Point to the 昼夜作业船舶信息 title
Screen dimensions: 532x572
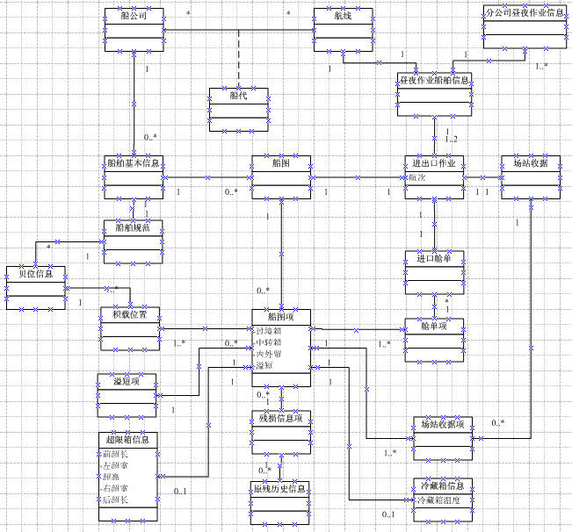(x=435, y=80)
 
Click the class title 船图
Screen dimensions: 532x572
(x=281, y=163)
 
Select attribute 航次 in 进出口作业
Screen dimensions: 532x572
(x=417, y=176)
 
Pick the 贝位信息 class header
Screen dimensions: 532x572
(x=35, y=273)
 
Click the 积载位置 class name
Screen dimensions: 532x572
(x=129, y=313)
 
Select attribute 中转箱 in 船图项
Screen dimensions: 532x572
(x=269, y=341)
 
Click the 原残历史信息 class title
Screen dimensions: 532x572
(x=280, y=487)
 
